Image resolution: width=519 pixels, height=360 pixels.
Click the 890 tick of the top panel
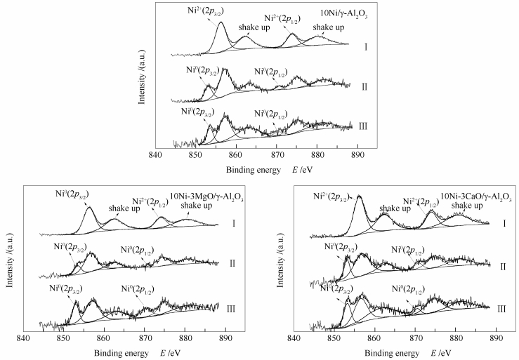point(357,154)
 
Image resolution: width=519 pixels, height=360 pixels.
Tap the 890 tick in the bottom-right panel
point(495,338)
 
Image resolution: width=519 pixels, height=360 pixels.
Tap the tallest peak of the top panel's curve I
point(221,23)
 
